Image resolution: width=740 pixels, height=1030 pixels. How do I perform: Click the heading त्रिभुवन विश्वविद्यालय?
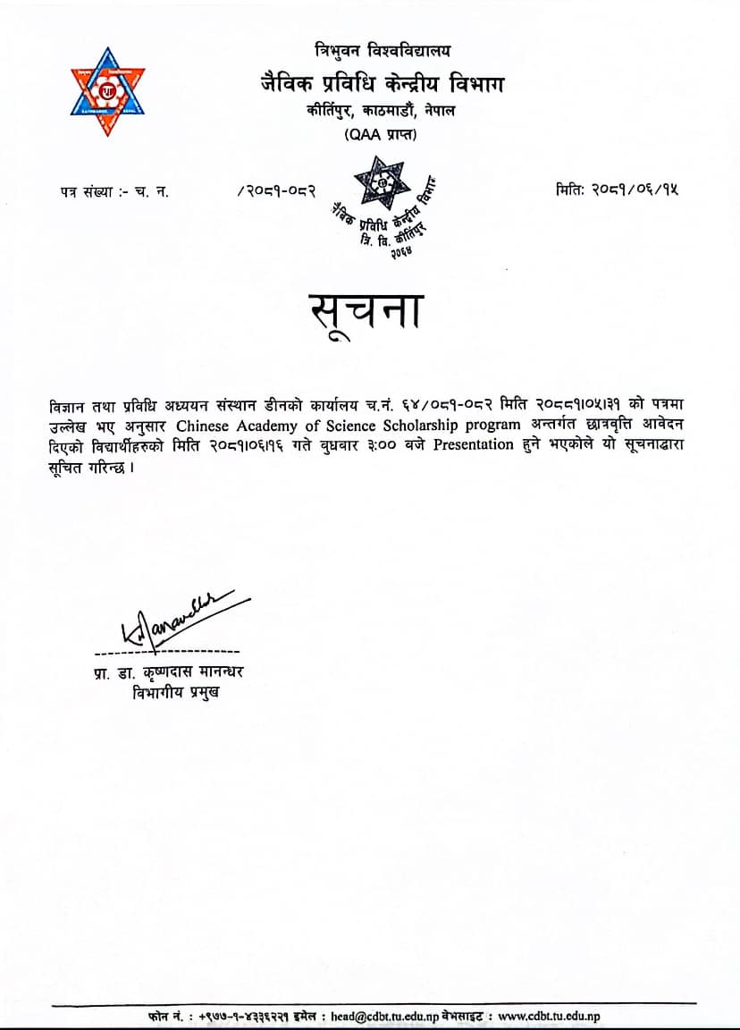tap(383, 51)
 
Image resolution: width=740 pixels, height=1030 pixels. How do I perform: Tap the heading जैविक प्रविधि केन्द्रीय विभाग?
tap(382, 85)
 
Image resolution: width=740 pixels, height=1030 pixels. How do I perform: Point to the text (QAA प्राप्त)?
tap(381, 135)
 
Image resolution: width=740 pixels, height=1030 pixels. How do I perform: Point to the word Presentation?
tap(475, 445)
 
